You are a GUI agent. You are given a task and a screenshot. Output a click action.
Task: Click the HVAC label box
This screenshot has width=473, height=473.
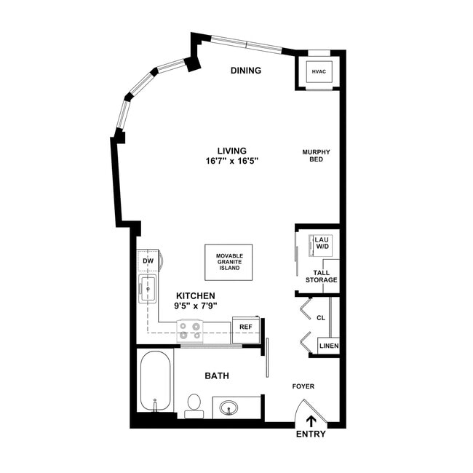coord(318,72)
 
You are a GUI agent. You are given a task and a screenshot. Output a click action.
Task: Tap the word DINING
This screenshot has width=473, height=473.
coord(246,71)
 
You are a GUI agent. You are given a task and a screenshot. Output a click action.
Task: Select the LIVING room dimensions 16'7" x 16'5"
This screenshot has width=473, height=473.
coord(231,161)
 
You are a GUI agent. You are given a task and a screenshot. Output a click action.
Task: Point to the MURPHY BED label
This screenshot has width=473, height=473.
coord(317,156)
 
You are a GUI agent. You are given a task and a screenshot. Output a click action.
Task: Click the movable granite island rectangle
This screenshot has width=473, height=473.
coord(229,262)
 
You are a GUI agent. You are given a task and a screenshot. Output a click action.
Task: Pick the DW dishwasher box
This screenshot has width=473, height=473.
coord(148,261)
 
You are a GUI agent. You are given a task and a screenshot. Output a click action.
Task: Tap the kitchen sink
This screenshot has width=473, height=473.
coord(148,289)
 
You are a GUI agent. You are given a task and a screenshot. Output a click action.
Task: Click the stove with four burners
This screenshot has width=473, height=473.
coord(191,331)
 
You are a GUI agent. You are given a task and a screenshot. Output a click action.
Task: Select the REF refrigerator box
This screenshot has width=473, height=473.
coord(246,327)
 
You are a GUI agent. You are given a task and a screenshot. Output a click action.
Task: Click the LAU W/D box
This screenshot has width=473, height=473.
coord(321,243)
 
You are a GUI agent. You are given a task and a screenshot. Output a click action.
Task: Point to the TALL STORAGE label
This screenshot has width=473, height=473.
coord(322,277)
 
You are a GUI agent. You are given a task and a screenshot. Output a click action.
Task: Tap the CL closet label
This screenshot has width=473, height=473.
coord(321,317)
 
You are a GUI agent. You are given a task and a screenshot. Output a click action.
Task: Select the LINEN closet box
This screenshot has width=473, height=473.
coord(328,346)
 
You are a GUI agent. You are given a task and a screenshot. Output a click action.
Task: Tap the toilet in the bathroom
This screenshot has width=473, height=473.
coord(194,405)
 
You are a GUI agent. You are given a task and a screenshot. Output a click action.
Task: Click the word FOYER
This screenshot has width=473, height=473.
coord(303,386)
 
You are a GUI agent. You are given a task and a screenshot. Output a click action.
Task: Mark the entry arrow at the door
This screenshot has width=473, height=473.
coord(311,421)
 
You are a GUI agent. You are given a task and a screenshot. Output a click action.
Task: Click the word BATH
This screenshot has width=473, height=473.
coord(216,376)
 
